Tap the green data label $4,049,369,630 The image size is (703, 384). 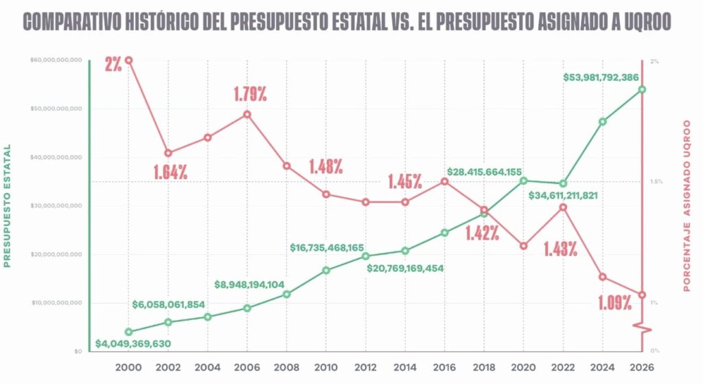(133, 343)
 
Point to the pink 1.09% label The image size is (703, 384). (614, 303)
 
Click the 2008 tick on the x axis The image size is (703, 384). (286, 367)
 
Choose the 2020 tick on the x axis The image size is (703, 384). (523, 367)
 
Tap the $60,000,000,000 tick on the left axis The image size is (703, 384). (56, 60)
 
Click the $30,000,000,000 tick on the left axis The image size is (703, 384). (56, 206)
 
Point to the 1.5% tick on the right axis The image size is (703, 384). (655, 182)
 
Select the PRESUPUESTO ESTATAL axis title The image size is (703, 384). (8, 205)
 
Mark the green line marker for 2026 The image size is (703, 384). (642, 89)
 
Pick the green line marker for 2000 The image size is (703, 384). (128, 332)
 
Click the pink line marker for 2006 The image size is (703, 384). (247, 114)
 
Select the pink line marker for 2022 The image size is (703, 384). (563, 207)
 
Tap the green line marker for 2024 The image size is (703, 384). (602, 122)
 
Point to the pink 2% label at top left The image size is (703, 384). (113, 65)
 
